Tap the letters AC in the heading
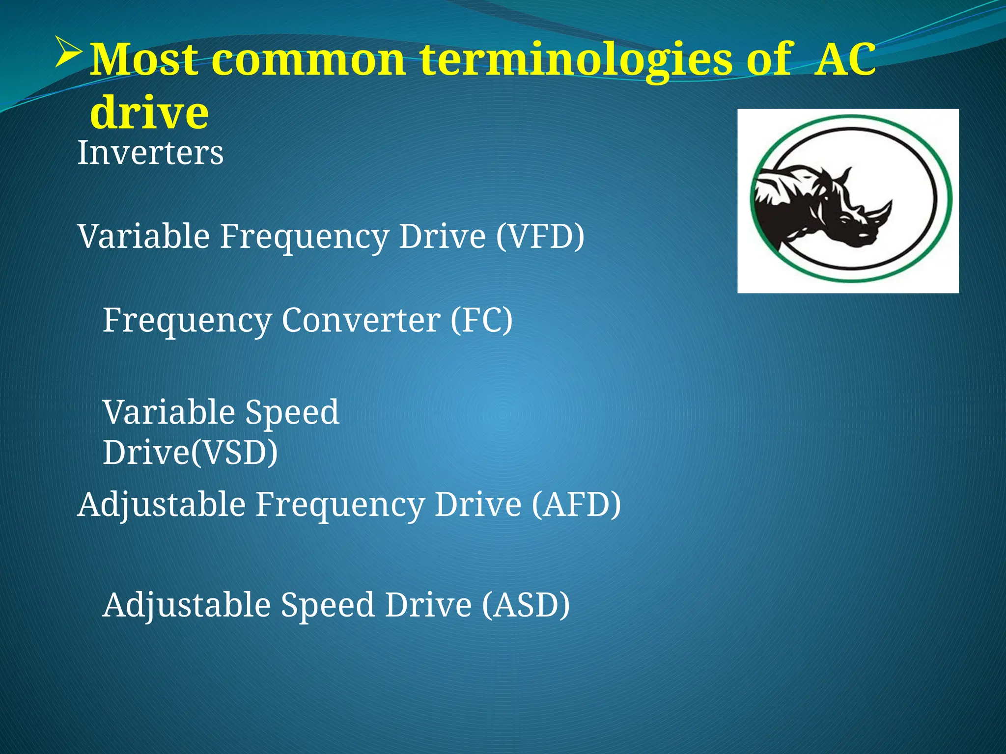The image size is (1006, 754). click(x=844, y=60)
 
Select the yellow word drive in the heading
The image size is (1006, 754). click(x=149, y=112)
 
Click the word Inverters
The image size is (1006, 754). click(x=150, y=153)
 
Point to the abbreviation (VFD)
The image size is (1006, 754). click(x=540, y=237)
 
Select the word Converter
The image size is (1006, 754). click(x=361, y=320)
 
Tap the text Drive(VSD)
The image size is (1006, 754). click(x=190, y=452)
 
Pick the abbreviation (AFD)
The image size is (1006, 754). click(x=576, y=504)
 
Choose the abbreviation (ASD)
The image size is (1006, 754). click(x=525, y=604)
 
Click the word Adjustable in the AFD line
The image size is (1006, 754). click(x=162, y=504)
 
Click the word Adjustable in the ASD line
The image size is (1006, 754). click(x=187, y=604)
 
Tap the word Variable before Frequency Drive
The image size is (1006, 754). click(x=144, y=237)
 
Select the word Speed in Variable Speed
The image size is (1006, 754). click(x=292, y=412)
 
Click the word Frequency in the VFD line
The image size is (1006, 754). click(x=304, y=237)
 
